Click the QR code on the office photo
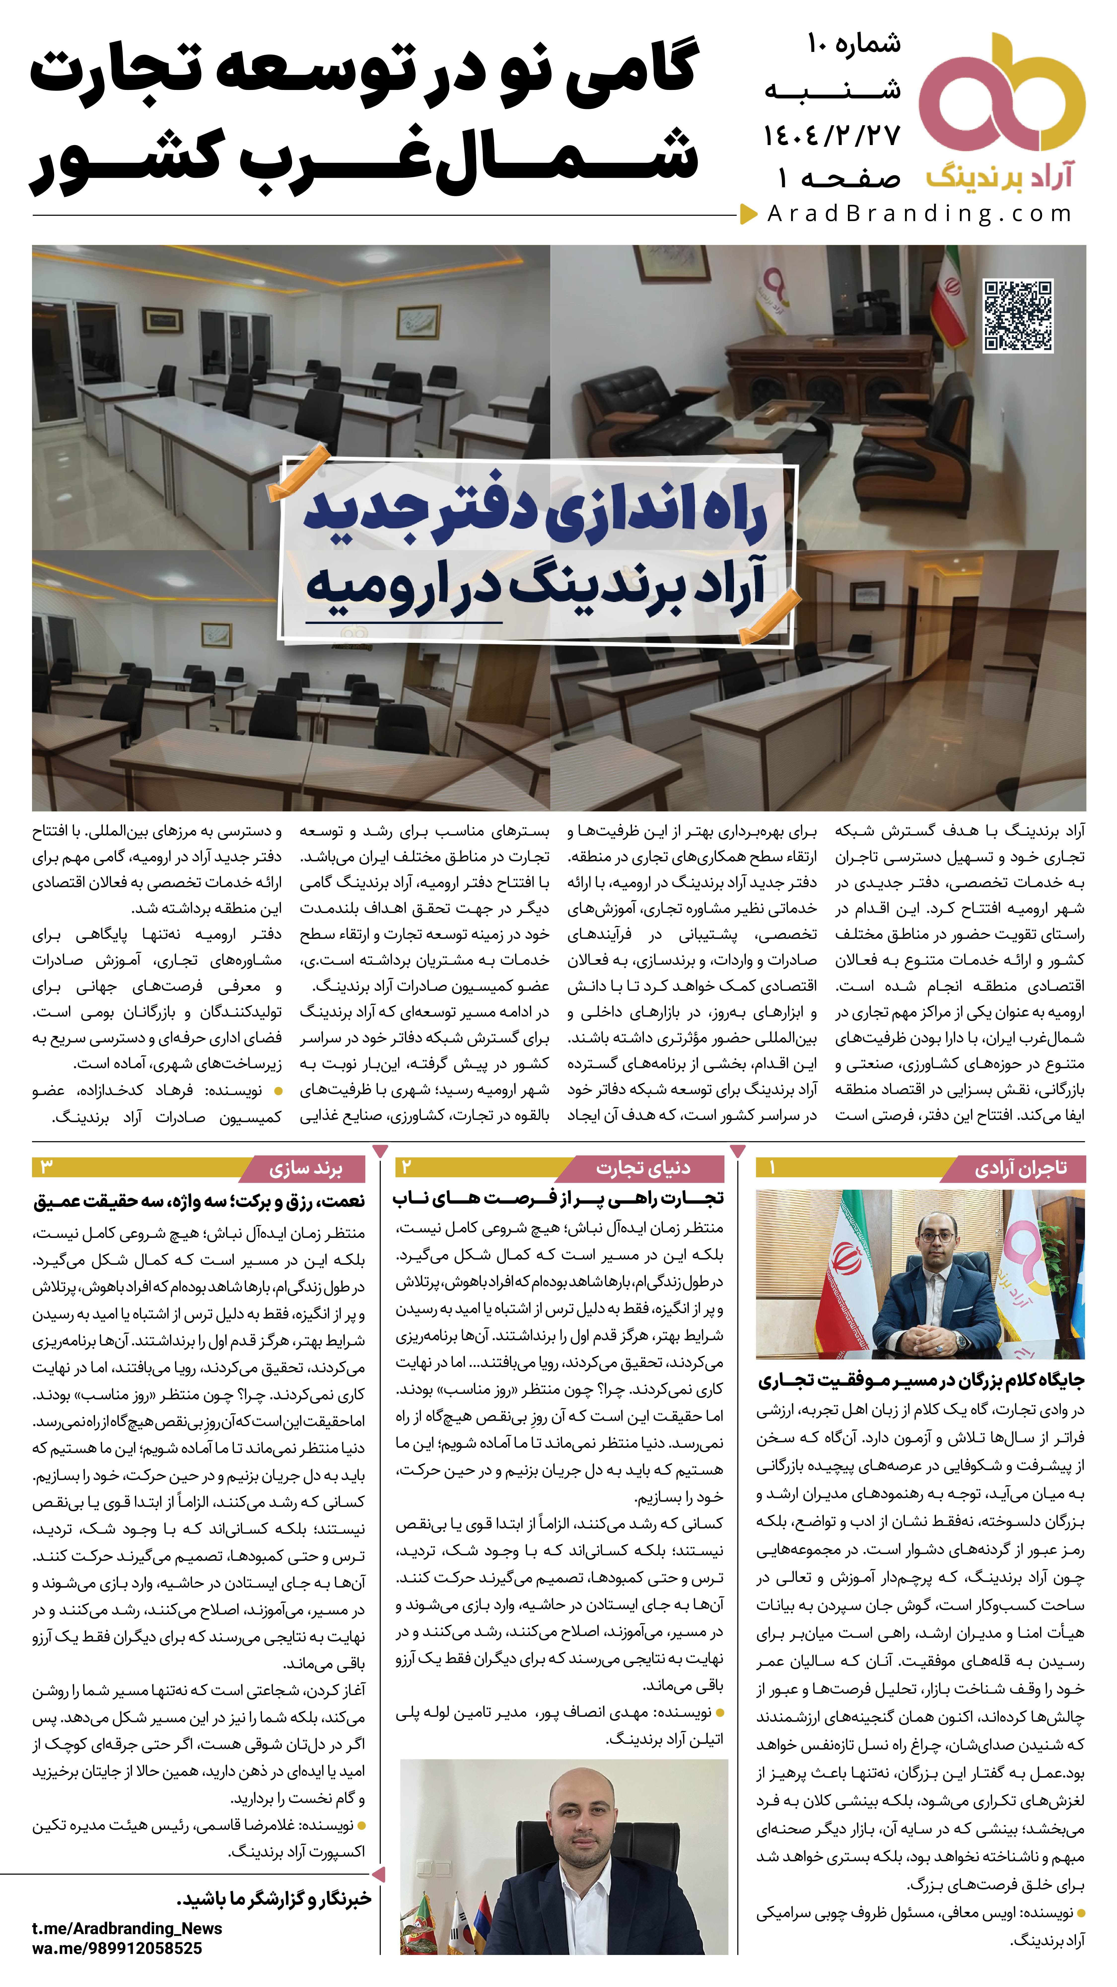[1017, 316]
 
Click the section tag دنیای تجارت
[643, 1169]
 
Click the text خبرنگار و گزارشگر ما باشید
[274, 1898]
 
